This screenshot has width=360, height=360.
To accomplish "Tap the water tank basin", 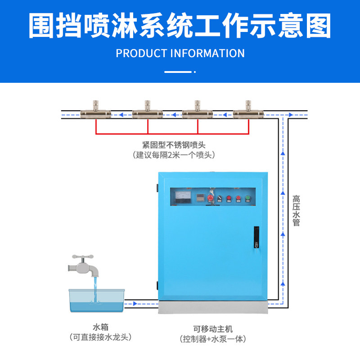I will point(96,301).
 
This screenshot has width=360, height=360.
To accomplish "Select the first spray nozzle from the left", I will point(95,111).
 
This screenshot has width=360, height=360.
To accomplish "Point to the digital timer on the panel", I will point(198,197).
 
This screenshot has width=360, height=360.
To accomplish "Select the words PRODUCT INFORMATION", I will point(180,53).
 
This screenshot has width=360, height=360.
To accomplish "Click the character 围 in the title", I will point(44,25).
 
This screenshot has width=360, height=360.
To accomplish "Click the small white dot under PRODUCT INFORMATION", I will point(195,72).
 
